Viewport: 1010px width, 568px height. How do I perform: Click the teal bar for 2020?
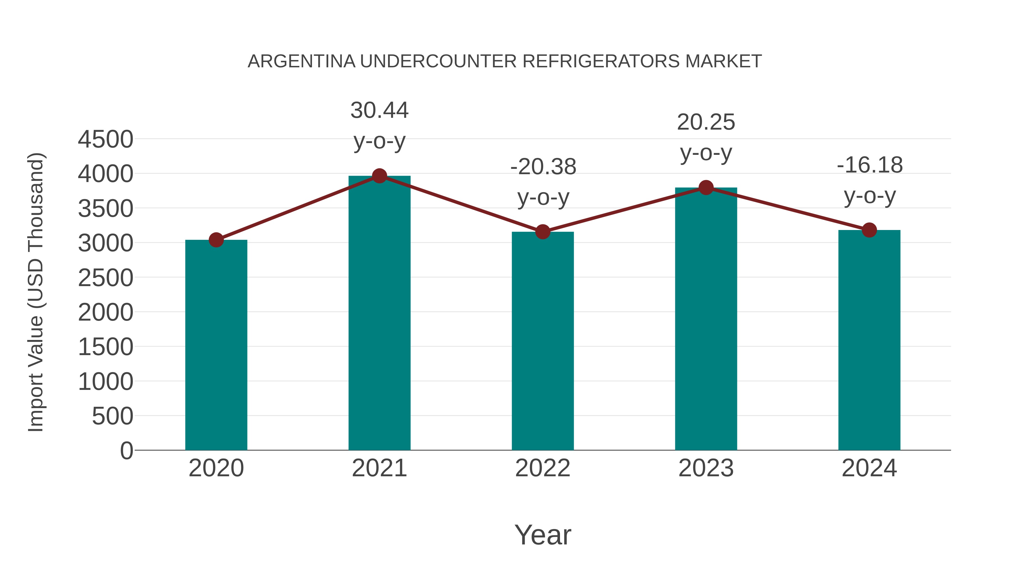[x=216, y=345]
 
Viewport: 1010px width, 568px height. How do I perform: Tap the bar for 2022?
[x=543, y=341]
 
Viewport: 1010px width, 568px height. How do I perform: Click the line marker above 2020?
[x=216, y=240]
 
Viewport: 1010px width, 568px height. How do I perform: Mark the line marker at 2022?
[x=543, y=232]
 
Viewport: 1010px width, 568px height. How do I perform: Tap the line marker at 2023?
[x=706, y=188]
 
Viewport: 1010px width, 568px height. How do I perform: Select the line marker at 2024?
[x=869, y=230]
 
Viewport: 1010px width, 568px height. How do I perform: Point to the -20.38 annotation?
[x=543, y=167]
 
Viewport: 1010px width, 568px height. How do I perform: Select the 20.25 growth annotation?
[x=706, y=122]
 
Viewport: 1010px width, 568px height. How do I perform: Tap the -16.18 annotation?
[x=870, y=165]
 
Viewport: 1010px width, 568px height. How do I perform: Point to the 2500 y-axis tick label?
[x=105, y=278]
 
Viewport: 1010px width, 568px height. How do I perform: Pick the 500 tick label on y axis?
[x=112, y=416]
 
